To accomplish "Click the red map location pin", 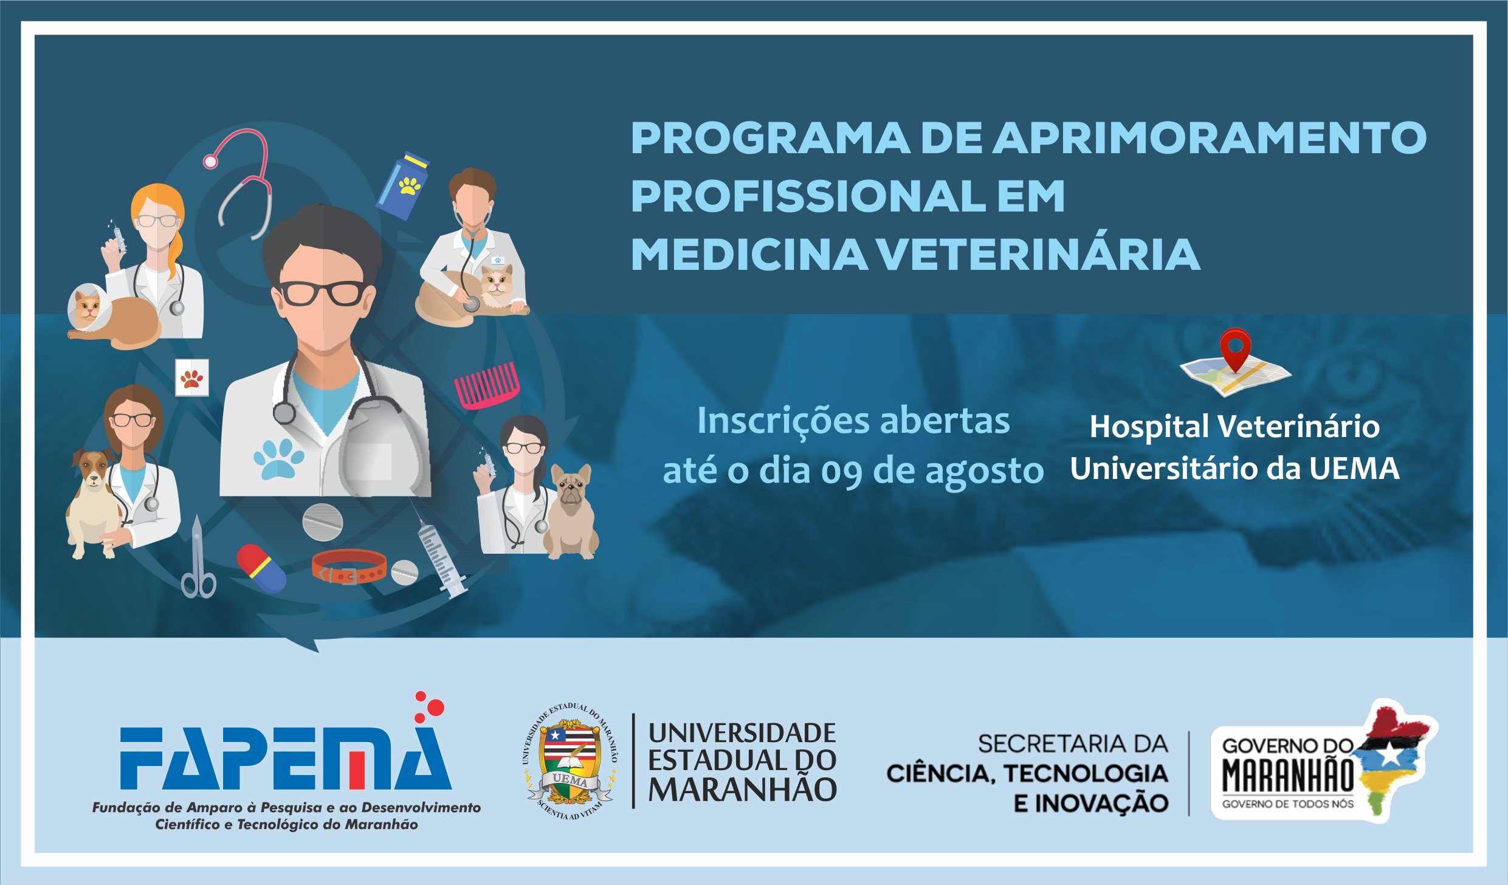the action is pyautogui.click(x=1235, y=349).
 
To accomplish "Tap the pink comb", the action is pyautogui.click(x=487, y=385).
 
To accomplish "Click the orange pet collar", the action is pyautogui.click(x=349, y=566).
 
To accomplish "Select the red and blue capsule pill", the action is pyautogui.click(x=261, y=568).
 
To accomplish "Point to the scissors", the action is pyautogui.click(x=198, y=557).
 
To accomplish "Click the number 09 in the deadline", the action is pyautogui.click(x=841, y=472).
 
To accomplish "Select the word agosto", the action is pyautogui.click(x=984, y=472).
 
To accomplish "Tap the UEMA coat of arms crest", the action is pyautogui.click(x=570, y=761).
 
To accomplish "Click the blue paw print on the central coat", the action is pyautogui.click(x=279, y=458).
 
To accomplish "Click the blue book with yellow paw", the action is pyautogui.click(x=402, y=185).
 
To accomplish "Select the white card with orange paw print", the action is pyautogui.click(x=192, y=378).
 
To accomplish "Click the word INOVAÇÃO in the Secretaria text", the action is pyautogui.click(x=1101, y=804).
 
